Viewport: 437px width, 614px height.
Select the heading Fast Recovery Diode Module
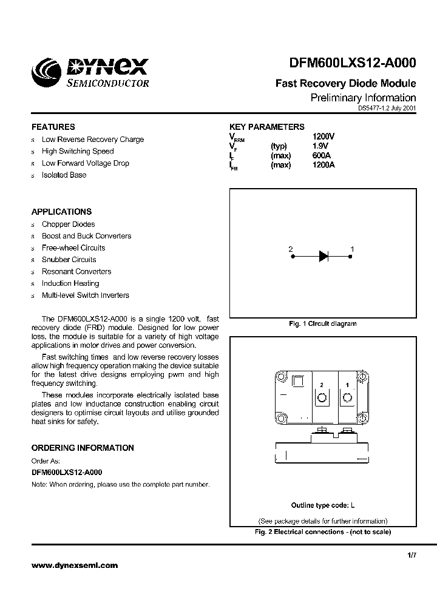(345, 84)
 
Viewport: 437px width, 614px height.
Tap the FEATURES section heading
(53, 127)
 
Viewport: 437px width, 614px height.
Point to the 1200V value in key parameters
(323, 137)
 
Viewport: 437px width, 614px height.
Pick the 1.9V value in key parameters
(320, 146)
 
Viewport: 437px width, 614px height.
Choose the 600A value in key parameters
(321, 155)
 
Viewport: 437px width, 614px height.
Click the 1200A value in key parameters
(323, 164)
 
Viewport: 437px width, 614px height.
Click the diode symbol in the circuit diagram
(324, 257)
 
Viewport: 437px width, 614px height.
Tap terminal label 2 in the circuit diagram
(291, 249)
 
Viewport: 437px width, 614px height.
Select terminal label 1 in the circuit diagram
(353, 249)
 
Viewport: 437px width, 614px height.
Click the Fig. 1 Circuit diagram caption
(322, 324)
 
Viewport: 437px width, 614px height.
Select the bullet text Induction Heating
(70, 283)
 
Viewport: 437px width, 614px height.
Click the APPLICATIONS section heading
(62, 212)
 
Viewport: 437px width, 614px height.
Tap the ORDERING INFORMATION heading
(83, 448)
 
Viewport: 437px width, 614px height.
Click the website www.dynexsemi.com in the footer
(75, 565)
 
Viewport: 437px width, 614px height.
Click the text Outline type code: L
(323, 505)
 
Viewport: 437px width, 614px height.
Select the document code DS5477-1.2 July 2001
(387, 107)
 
